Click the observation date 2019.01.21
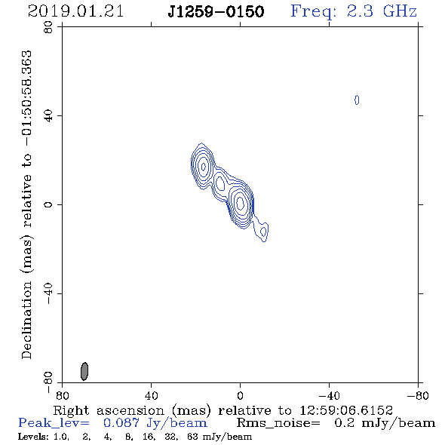coord(75,11)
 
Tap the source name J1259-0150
coord(216,12)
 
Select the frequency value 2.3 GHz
coord(382,11)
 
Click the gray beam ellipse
coord(84,371)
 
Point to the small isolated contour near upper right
coord(357,100)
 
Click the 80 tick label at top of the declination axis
coord(48,27)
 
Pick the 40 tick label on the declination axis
coord(48,116)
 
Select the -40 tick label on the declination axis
coord(48,293)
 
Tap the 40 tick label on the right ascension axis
coord(152,396)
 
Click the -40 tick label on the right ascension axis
coord(329,396)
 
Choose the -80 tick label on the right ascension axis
coord(418,396)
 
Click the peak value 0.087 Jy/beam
coord(155,423)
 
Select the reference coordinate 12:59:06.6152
coord(346,410)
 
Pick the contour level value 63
coord(193,437)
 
